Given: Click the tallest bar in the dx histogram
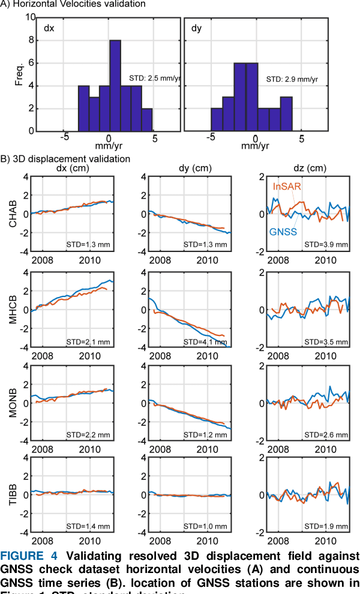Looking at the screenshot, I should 115,85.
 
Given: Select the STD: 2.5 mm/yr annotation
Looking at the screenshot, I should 155,78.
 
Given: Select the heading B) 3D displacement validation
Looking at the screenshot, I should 65,159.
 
